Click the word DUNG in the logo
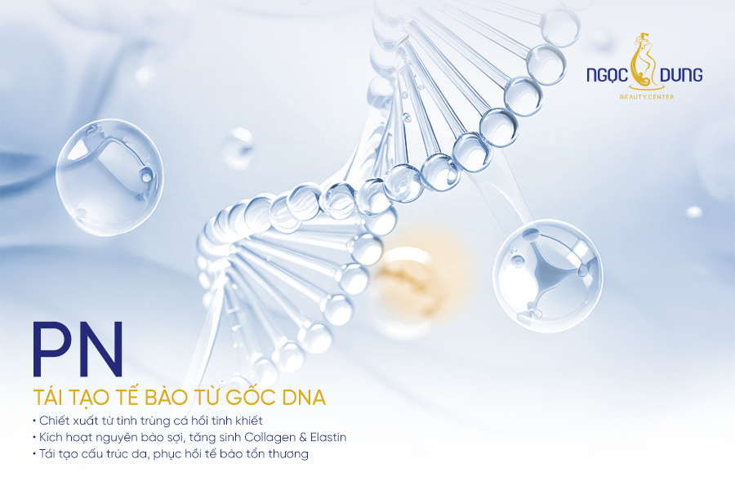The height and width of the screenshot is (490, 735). pyautogui.click(x=677, y=75)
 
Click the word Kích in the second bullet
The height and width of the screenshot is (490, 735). pyautogui.click(x=52, y=437)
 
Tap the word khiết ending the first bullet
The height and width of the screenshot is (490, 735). pyautogui.click(x=246, y=421)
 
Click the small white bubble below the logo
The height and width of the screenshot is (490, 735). pyautogui.click(x=693, y=212)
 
